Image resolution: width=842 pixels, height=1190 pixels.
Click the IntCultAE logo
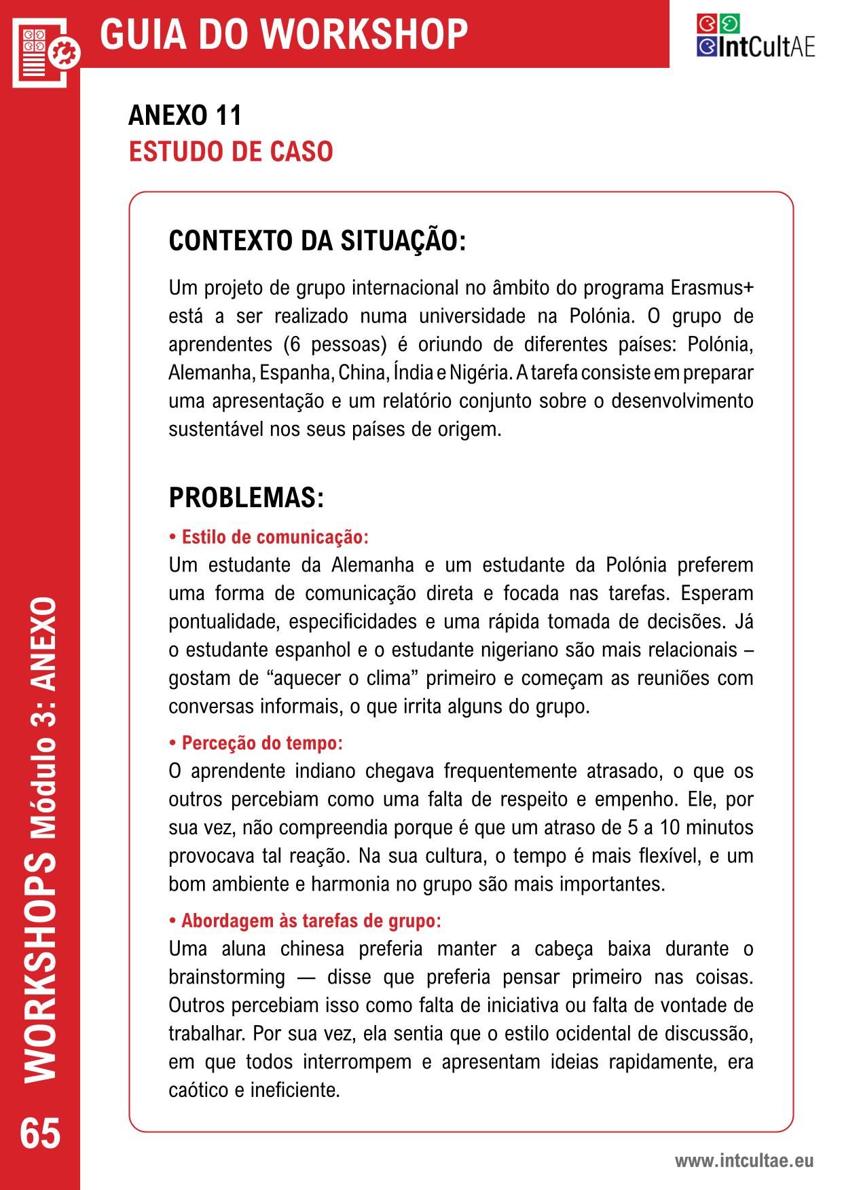755,37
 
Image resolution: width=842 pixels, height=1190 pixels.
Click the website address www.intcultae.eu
744,1161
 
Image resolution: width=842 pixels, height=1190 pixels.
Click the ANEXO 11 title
185,115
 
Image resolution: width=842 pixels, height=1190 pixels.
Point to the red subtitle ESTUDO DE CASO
231,151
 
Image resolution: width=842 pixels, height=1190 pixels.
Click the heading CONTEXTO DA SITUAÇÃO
317,241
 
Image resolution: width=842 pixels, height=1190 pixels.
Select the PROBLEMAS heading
246,498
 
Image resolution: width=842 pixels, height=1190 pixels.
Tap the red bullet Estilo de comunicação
269,537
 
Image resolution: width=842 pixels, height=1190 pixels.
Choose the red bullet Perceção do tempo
256,743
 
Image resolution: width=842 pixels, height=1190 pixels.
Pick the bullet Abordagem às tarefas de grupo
305,921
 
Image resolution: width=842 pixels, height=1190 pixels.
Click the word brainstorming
227,977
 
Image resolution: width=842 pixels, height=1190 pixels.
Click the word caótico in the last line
198,1090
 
